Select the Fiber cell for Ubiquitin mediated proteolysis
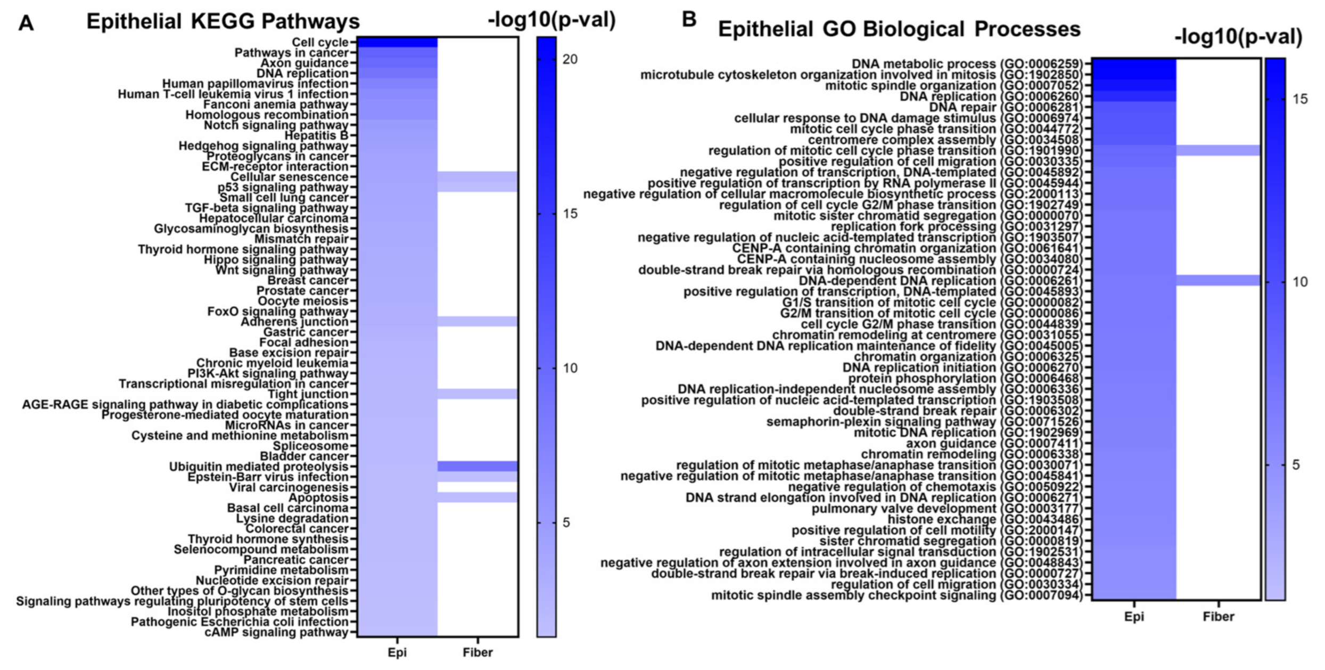click(x=478, y=467)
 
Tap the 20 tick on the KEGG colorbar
click(x=570, y=59)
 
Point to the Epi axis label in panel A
click(x=397, y=652)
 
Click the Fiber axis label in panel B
click(x=1218, y=617)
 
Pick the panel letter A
click(x=26, y=23)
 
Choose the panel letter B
click(x=689, y=20)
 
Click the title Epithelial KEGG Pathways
click(x=223, y=22)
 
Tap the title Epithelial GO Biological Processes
click(x=899, y=29)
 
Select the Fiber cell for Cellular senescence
click(x=478, y=177)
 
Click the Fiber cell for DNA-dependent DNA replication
click(x=1218, y=281)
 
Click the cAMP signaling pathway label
click(x=276, y=632)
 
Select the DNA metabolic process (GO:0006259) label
click(x=967, y=64)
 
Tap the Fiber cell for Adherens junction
click(x=478, y=322)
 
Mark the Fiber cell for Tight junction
click(x=478, y=394)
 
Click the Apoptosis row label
click(x=318, y=497)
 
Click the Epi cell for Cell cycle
click(x=397, y=42)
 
